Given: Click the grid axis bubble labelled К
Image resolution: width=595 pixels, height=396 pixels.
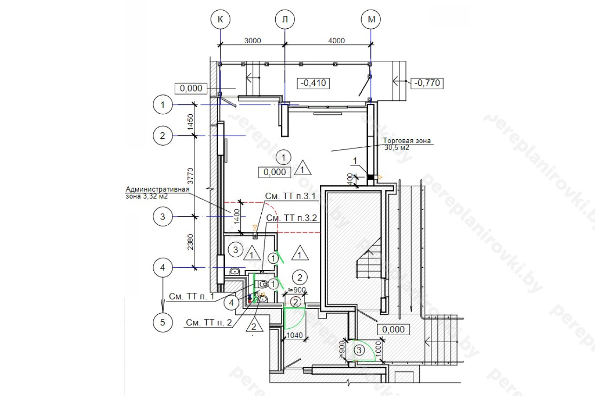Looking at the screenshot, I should tap(220, 19).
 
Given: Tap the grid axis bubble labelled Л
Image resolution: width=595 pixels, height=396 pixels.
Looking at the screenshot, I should tap(284, 19).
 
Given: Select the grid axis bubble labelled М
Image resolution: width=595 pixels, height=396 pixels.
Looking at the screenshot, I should tap(371, 19).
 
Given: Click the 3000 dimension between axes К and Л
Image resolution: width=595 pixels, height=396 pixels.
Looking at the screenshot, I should tap(252, 40).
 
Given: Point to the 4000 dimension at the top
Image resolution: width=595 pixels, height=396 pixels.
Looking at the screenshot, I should tap(336, 40).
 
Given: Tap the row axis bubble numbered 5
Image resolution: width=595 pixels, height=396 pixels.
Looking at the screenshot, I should tap(162, 322).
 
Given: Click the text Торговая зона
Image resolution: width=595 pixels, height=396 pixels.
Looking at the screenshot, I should tap(407, 141).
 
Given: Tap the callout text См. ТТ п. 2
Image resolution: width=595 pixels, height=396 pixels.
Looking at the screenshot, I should tap(208, 323).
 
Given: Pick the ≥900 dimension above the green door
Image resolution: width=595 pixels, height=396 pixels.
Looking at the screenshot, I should tap(297, 290).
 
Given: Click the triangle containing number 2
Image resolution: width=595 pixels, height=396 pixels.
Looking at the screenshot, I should tap(254, 324).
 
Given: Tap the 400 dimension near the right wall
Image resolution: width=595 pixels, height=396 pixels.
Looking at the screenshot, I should tap(349, 178).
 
